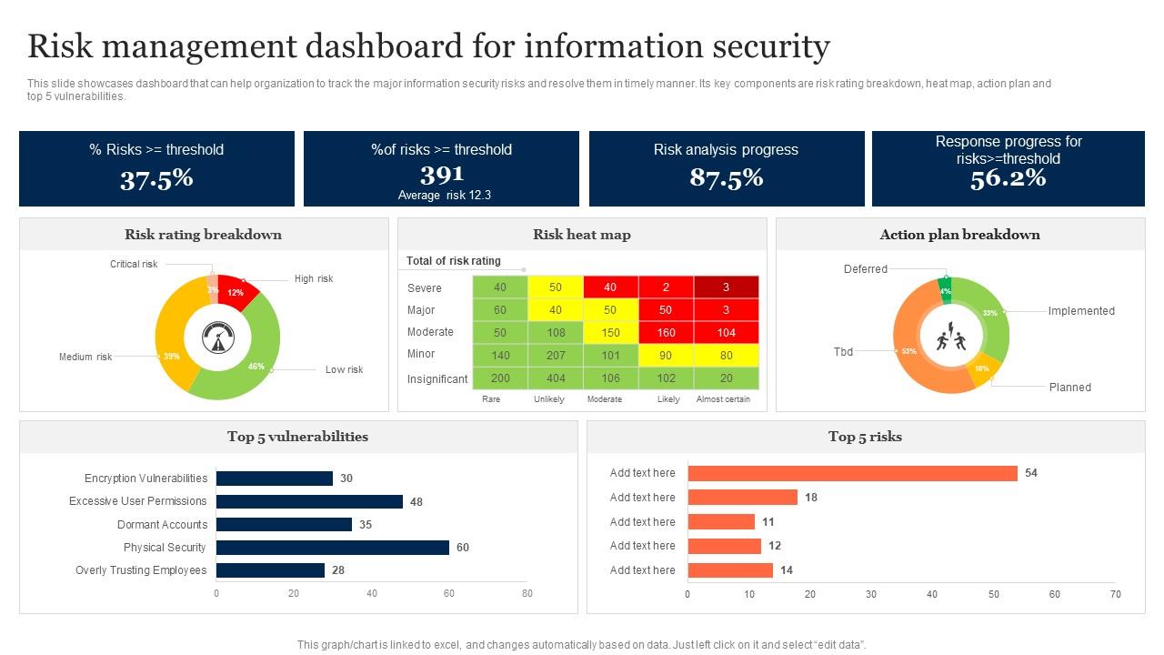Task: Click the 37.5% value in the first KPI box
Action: [x=156, y=178]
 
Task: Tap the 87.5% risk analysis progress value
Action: [x=726, y=178]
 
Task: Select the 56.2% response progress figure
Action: [x=1008, y=178]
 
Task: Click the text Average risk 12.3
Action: [x=444, y=196]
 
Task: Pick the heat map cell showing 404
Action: [x=556, y=378]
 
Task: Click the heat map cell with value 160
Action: [x=667, y=333]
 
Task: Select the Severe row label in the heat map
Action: [x=425, y=288]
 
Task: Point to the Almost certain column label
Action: [x=723, y=399]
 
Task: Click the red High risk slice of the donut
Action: [x=238, y=291]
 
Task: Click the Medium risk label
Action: [x=85, y=358]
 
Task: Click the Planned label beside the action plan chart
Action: [x=1069, y=388]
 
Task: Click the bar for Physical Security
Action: [x=332, y=548]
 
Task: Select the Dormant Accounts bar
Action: [x=284, y=525]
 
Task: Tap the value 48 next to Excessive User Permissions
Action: [x=416, y=502]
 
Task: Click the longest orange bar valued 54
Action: [x=852, y=473]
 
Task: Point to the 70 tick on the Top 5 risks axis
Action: [x=1115, y=594]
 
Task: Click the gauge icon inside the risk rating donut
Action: [x=217, y=338]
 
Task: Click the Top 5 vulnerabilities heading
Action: [x=297, y=437]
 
